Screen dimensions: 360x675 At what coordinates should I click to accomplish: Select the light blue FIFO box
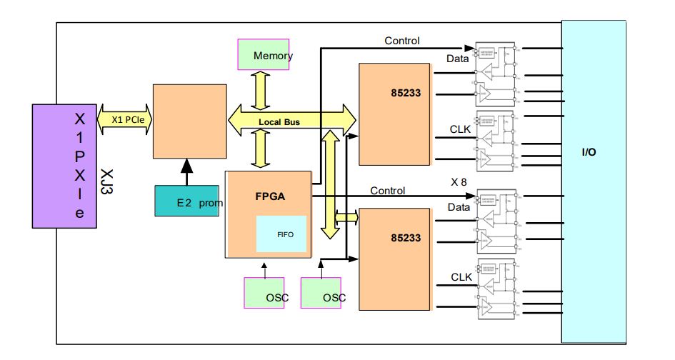[x=281, y=233]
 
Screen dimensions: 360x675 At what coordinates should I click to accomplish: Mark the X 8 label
[x=459, y=181]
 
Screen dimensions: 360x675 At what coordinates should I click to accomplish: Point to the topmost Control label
[x=402, y=41]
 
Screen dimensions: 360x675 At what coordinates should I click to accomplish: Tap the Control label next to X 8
[x=388, y=191]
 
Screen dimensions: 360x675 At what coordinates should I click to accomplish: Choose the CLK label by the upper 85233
[x=459, y=129]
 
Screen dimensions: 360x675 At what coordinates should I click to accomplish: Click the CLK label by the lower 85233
[x=460, y=276]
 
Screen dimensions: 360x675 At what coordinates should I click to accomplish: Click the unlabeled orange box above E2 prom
[x=189, y=121]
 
